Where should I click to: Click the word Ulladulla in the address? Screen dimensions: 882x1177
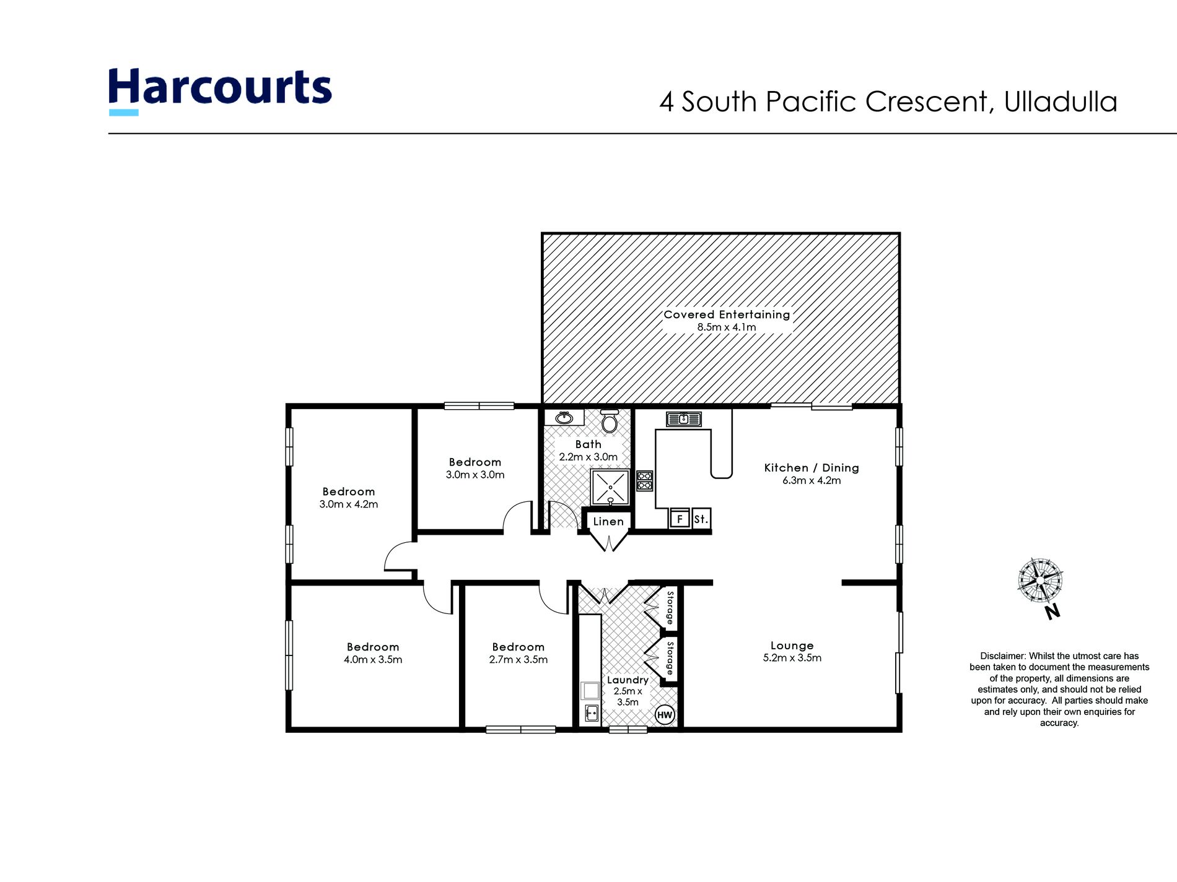coord(1061,102)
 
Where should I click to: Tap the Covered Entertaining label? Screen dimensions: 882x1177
coord(727,314)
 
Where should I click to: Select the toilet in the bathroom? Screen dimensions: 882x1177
coord(610,422)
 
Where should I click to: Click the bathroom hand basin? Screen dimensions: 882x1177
coord(564,418)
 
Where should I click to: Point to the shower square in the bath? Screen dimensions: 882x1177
coord(610,487)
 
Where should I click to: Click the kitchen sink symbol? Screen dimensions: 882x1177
coord(683,419)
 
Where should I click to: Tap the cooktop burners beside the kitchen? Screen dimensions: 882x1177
coord(644,481)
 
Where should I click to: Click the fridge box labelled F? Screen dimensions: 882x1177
coord(680,519)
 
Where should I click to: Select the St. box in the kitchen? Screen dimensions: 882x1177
coord(701,519)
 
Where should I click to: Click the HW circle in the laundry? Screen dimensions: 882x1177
coord(664,715)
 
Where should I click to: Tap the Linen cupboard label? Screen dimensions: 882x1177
coord(608,522)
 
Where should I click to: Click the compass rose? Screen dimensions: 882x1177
coord(1040,580)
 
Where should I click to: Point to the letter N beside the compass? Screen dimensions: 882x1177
coord(1052,612)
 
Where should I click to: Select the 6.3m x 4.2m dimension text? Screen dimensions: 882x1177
coord(812,480)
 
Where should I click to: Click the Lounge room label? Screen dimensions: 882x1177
coord(792,646)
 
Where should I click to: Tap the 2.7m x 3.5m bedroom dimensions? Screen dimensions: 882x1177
coord(518,660)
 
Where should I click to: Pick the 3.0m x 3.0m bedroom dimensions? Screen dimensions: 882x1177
coord(475,475)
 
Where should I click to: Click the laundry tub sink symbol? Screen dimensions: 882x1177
coord(592,712)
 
